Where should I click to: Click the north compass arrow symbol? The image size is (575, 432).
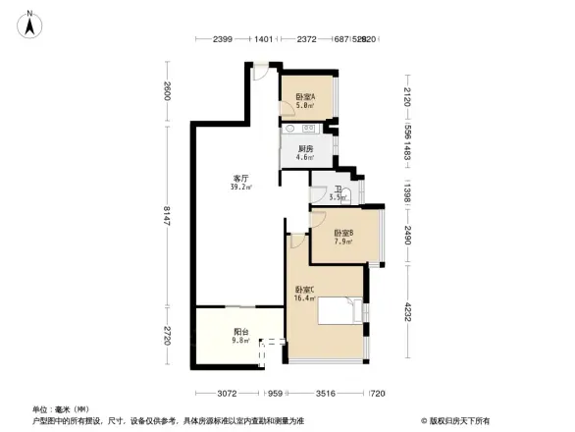pyautogui.click(x=30, y=23)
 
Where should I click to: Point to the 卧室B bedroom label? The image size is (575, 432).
pyautogui.click(x=343, y=235)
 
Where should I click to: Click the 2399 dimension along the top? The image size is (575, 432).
pyautogui.click(x=221, y=39)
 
